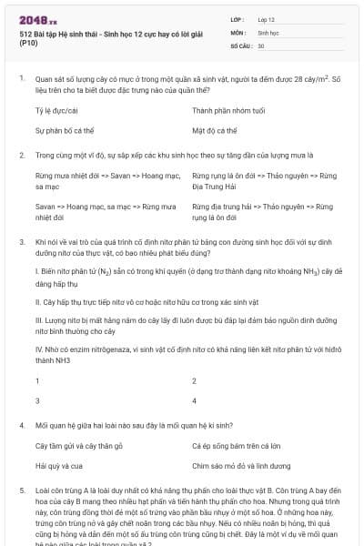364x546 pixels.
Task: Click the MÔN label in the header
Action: [x=238, y=32]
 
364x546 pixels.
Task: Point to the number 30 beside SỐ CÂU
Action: [x=261, y=45]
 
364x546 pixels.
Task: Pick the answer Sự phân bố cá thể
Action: [x=63, y=131]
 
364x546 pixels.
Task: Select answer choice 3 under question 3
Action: [x=37, y=400]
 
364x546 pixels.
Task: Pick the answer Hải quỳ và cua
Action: [x=59, y=466]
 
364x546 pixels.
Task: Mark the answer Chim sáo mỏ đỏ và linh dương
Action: [x=243, y=466]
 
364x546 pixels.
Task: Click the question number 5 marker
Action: [x=22, y=490]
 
